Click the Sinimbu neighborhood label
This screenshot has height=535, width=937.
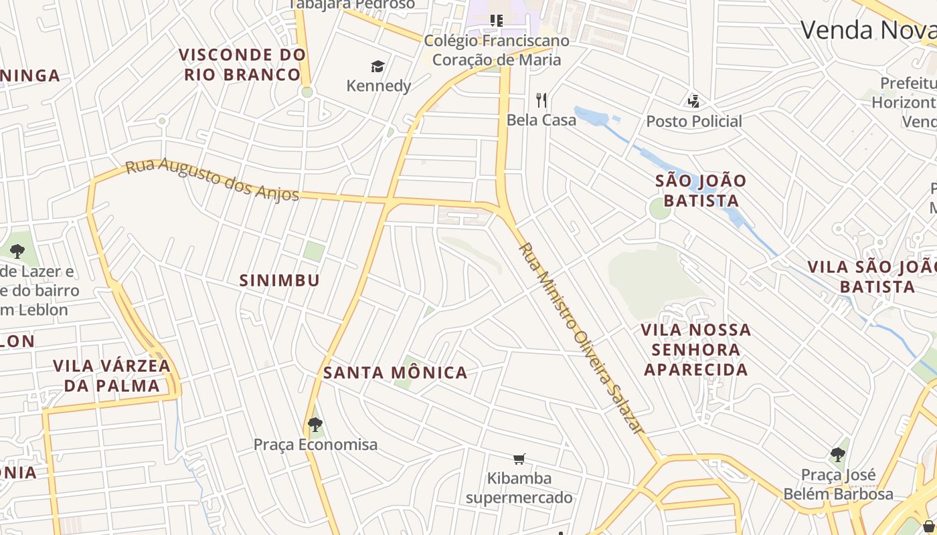click(x=280, y=280)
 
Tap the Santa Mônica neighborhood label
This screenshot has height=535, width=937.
click(x=395, y=372)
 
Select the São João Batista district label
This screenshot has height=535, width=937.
click(x=701, y=191)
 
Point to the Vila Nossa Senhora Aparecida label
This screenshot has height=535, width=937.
click(x=696, y=349)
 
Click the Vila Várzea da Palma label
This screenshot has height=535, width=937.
click(x=112, y=376)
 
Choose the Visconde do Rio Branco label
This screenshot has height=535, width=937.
click(x=242, y=64)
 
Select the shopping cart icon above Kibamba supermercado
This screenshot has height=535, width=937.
click(x=519, y=459)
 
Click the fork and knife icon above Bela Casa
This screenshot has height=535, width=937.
click(x=541, y=100)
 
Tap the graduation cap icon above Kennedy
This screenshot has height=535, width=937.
click(x=378, y=66)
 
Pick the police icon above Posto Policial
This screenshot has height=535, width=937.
click(x=693, y=102)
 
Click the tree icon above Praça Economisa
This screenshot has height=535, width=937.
click(x=315, y=425)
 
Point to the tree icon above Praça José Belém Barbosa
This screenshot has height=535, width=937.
click(x=837, y=455)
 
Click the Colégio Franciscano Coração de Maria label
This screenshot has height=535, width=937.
click(x=497, y=50)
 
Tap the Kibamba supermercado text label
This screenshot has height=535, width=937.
click(x=519, y=488)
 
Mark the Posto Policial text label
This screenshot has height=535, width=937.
click(x=694, y=122)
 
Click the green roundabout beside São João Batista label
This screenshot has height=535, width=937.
click(x=659, y=209)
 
